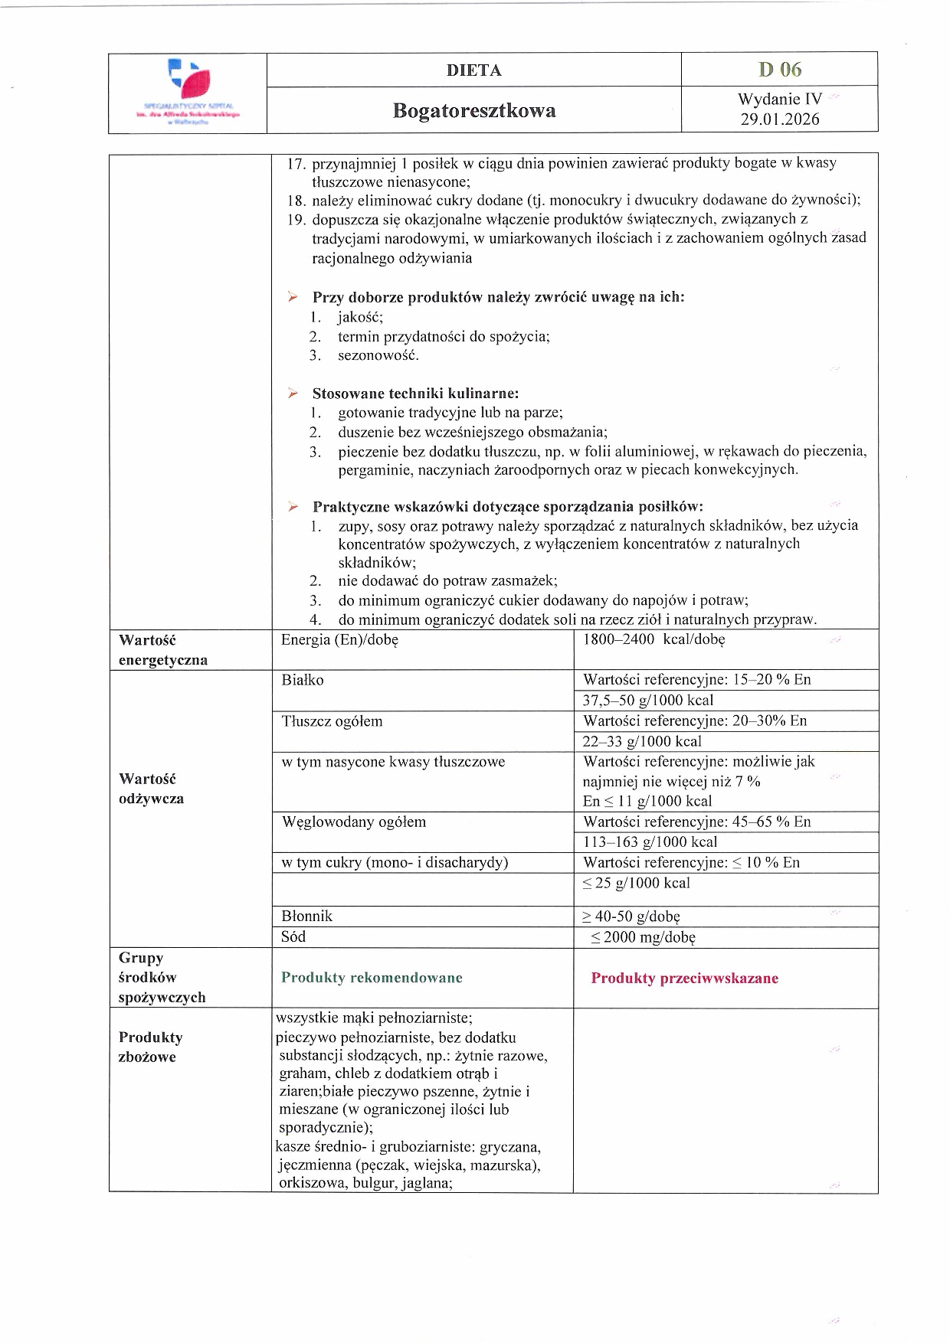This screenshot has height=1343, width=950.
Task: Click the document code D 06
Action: [x=780, y=70]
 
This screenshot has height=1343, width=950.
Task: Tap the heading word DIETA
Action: [x=474, y=70]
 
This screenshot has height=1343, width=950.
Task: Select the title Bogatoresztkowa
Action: [x=474, y=111]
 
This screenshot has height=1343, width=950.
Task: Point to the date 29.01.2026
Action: [x=780, y=119]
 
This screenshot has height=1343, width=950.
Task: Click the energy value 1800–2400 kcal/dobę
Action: [x=654, y=639]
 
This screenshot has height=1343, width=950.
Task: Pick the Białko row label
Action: [x=303, y=680]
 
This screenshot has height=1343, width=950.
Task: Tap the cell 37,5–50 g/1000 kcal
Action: [x=647, y=701]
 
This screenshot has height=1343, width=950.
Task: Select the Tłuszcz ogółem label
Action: [x=332, y=721]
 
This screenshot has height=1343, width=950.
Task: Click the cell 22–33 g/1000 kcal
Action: [x=642, y=741]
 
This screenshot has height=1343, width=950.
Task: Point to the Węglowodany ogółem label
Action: [x=354, y=822]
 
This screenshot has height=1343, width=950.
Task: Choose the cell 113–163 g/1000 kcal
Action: [x=650, y=842]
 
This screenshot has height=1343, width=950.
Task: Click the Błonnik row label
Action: [x=307, y=917]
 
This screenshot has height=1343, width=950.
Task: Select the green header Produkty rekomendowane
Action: [x=372, y=978]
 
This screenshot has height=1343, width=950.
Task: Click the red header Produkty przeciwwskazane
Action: [x=684, y=979]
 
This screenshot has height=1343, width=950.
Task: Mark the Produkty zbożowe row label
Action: [x=150, y=1047]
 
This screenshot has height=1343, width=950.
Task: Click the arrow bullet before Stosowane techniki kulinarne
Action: [x=293, y=394]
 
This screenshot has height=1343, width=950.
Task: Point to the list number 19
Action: [x=296, y=220]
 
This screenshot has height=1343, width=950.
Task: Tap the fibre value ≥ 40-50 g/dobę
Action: [x=631, y=917]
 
